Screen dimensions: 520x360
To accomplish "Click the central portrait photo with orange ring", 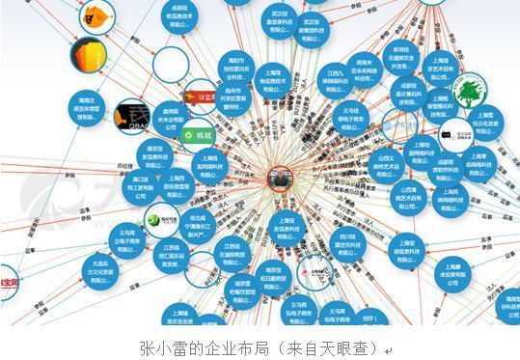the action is [279, 178].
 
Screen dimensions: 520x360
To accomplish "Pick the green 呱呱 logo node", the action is [201, 135].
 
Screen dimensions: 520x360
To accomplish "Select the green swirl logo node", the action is [154, 221].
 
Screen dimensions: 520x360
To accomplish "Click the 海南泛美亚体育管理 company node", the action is [89, 106].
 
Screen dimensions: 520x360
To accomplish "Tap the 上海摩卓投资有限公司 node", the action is [449, 271].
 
